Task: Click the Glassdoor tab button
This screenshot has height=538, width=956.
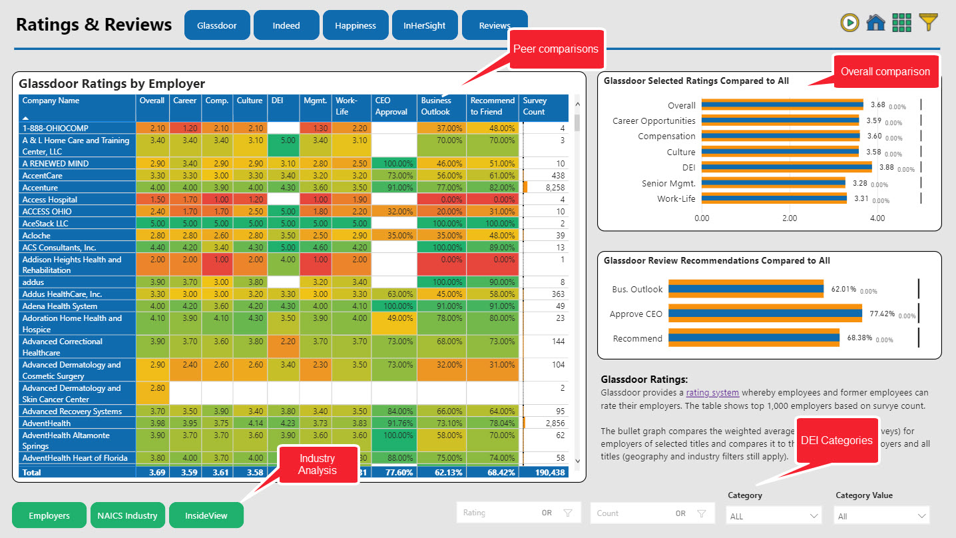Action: click(217, 25)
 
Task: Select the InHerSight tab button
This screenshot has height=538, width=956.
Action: click(425, 25)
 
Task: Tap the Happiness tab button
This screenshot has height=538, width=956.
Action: click(356, 25)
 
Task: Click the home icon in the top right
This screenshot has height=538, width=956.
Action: click(875, 23)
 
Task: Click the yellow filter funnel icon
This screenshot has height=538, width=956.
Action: click(928, 22)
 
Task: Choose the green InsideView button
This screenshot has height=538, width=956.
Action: click(206, 515)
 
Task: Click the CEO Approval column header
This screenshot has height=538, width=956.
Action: click(393, 107)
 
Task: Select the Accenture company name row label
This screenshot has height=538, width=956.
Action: click(40, 188)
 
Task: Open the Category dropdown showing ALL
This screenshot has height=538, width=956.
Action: click(774, 516)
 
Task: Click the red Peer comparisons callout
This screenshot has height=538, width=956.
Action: click(555, 49)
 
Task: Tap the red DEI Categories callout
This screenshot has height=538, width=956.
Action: click(836, 440)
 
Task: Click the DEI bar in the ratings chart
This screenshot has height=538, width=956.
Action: click(786, 166)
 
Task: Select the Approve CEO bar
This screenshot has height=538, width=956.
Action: click(765, 314)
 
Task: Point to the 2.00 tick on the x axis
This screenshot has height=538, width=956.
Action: click(790, 218)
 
